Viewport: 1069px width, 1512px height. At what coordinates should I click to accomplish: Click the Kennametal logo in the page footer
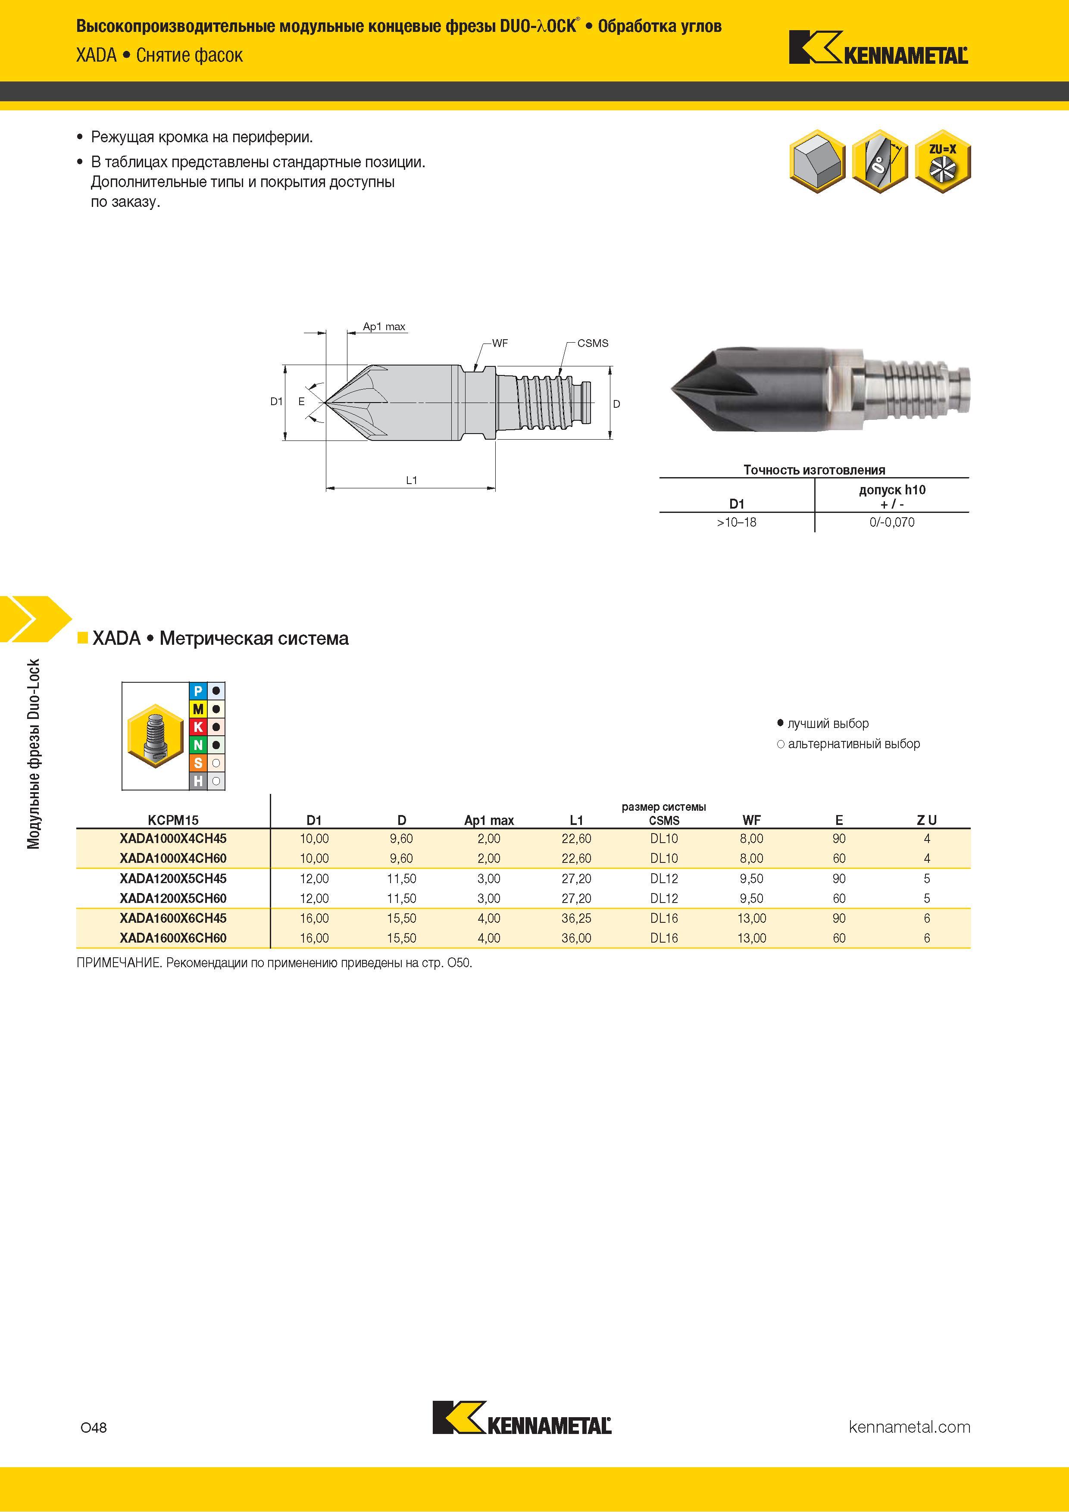522,1426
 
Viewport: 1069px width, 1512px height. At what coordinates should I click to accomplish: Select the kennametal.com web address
910,1427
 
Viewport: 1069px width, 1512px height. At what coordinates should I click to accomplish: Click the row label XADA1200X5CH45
173,878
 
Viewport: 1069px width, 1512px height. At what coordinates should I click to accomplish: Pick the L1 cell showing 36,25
576,918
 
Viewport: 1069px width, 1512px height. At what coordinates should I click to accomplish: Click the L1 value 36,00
576,938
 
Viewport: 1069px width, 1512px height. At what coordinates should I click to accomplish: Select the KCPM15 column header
173,820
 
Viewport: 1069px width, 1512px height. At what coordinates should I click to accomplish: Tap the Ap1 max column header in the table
489,820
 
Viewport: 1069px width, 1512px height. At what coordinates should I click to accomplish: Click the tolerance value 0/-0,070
892,522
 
